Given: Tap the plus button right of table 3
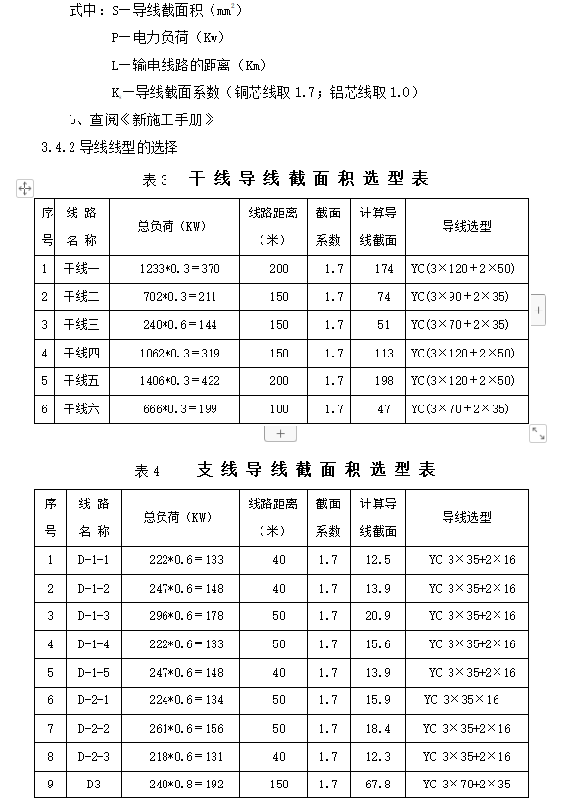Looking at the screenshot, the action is click(539, 310).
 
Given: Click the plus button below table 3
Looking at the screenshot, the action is click(280, 433).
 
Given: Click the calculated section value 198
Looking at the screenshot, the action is click(383, 381).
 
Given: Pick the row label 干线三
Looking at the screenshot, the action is click(81, 324).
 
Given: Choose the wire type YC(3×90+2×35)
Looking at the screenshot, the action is click(459, 297).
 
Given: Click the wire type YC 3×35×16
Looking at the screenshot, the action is click(461, 700).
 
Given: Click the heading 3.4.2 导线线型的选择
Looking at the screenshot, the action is click(110, 148).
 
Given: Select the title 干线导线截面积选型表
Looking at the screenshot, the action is click(308, 179).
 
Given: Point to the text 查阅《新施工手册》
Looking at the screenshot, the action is click(153, 120).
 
